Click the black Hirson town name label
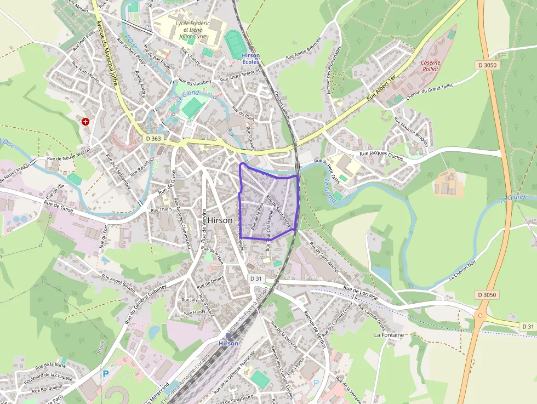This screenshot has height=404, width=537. coord(220,220)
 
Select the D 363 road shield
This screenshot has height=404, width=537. coord(154,139)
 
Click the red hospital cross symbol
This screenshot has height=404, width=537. coord(85,121)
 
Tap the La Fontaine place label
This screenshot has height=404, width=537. coord(389,334)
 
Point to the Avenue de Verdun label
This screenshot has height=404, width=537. coord(315,329)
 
